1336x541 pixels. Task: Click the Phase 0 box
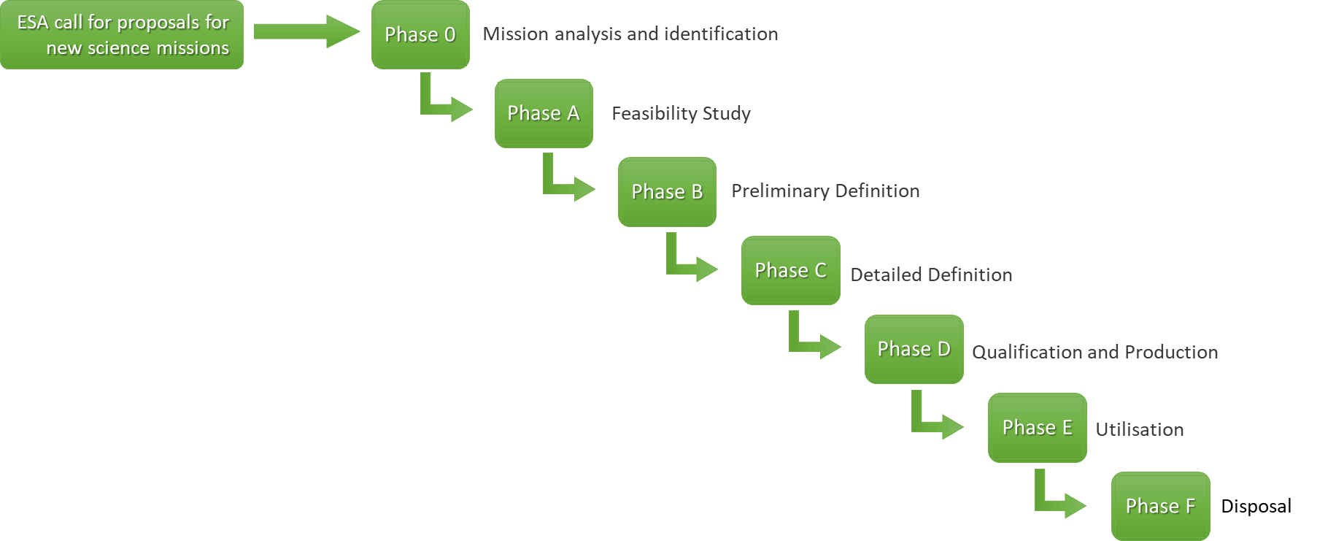(420, 35)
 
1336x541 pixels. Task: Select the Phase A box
(544, 113)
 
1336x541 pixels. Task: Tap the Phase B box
(667, 192)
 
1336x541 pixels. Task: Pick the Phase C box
(790, 270)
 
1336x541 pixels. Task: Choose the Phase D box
(914, 349)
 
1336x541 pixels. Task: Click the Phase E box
(1037, 428)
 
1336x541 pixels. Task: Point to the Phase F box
(1160, 506)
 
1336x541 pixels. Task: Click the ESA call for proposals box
(122, 35)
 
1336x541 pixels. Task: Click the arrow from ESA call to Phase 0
(306, 31)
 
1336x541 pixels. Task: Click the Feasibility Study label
(681, 113)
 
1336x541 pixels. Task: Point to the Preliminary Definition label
(825, 191)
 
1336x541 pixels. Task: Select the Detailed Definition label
(931, 275)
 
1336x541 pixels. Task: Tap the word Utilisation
(1139, 430)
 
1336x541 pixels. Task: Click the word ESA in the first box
(33, 23)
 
